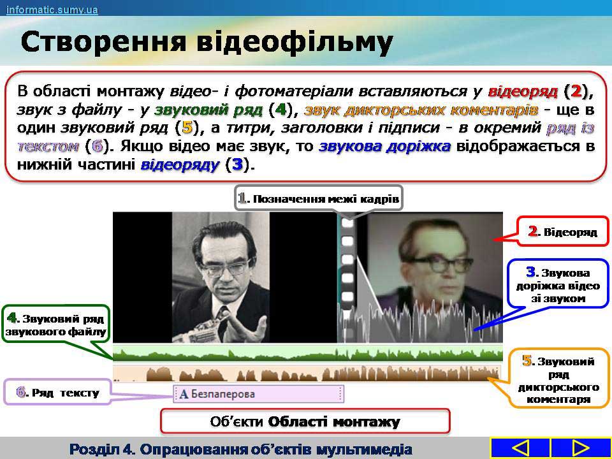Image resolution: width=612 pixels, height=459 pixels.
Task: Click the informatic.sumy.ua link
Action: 52,10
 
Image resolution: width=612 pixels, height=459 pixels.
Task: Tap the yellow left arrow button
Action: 520,448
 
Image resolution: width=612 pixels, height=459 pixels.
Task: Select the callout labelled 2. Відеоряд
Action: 563,231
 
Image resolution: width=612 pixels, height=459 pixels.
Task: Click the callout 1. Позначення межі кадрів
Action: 319,199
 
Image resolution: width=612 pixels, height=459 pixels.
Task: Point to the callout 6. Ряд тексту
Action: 58,392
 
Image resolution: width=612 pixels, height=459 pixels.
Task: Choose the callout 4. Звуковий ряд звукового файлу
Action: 56,324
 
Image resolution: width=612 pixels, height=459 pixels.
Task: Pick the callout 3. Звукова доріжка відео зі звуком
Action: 558,285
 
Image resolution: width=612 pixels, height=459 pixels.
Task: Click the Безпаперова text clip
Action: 258,394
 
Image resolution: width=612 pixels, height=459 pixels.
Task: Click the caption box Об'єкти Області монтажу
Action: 305,421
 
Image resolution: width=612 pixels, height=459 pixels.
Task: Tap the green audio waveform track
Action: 307,353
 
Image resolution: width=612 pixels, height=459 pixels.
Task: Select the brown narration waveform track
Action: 307,373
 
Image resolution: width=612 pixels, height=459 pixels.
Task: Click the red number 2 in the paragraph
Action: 576,91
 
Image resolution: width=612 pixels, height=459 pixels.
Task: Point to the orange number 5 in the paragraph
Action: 187,127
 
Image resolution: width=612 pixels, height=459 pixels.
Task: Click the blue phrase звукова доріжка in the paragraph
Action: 385,147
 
